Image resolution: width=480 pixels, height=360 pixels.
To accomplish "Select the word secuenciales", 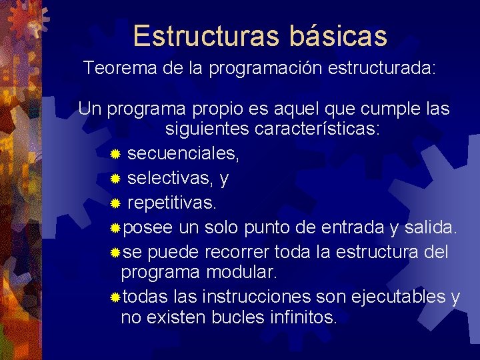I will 181,154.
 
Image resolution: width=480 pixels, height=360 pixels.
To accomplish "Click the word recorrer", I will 235,253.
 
